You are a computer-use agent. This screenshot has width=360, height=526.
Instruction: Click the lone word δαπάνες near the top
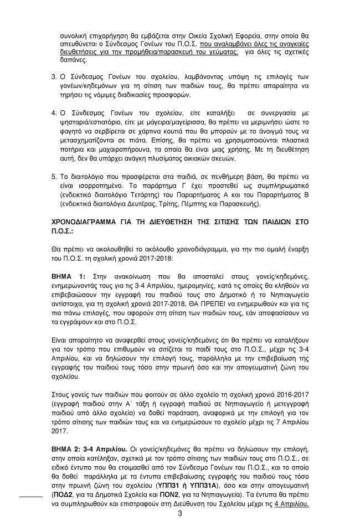pos(74,56)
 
